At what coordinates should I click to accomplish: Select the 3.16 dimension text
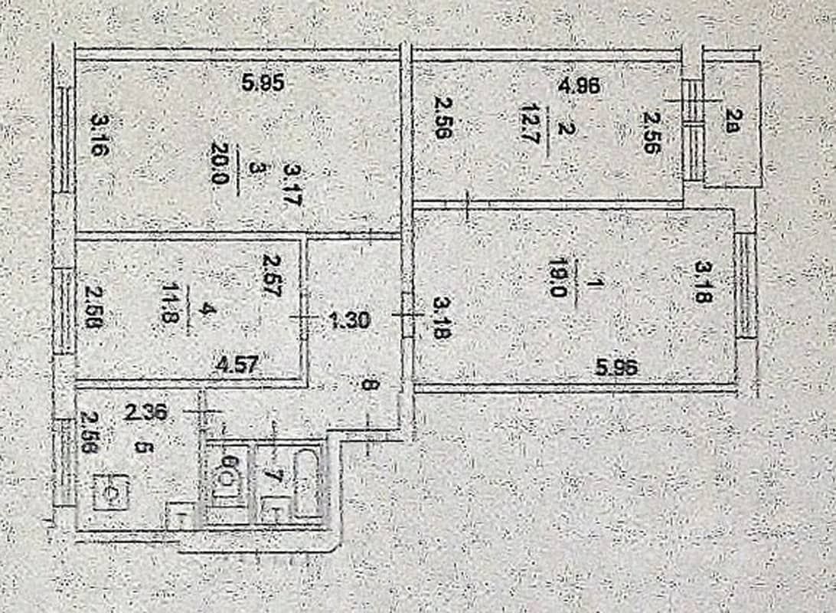pyautogui.click(x=100, y=134)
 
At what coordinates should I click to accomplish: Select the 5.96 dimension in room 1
pyautogui.click(x=616, y=368)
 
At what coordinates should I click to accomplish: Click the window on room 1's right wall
pyautogui.click(x=746, y=286)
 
